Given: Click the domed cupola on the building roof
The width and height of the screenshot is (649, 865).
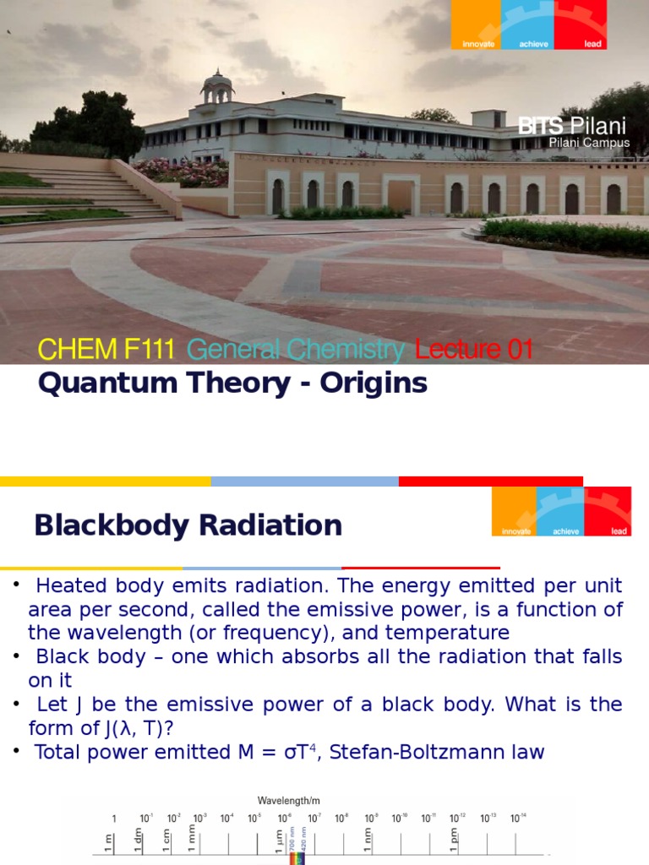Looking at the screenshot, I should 217,85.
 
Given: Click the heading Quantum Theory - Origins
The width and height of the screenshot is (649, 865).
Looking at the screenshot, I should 232,384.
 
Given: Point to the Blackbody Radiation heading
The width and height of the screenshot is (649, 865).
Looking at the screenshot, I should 188,525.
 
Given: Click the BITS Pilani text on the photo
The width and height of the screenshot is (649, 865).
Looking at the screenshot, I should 572,127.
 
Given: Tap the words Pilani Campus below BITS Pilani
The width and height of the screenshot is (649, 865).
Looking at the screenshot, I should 589,144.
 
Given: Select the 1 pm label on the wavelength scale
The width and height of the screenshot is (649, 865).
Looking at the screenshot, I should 454,841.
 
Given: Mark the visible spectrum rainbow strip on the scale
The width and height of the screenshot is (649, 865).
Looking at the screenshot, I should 295,857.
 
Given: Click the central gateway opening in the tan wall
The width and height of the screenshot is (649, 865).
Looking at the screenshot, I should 401,195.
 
